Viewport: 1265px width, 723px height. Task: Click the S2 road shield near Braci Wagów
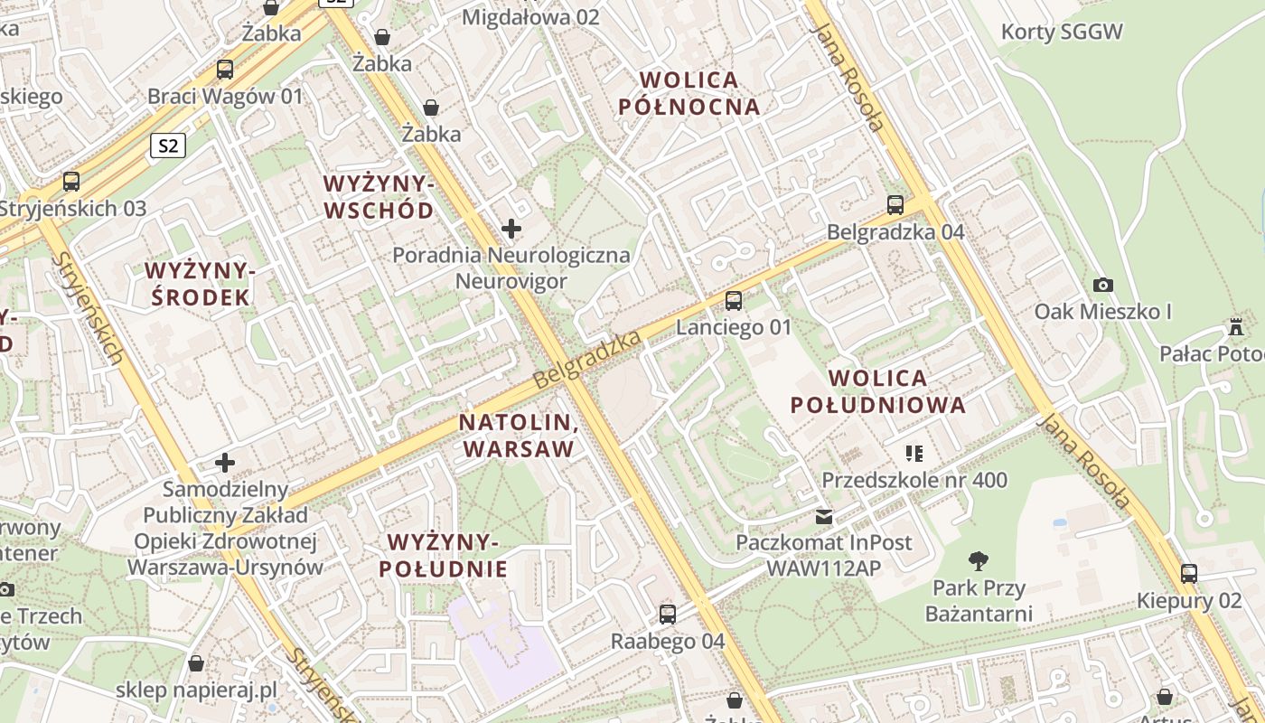pyautogui.click(x=169, y=146)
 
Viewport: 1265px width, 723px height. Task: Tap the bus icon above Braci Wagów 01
pyautogui.click(x=225, y=70)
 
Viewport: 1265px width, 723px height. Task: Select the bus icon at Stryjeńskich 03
pyautogui.click(x=71, y=182)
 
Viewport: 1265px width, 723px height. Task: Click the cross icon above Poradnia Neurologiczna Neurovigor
pyautogui.click(x=511, y=229)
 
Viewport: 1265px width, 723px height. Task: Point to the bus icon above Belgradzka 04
pyautogui.click(x=895, y=205)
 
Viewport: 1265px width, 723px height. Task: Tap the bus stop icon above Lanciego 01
pyautogui.click(x=734, y=301)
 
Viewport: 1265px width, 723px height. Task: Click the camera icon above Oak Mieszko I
pyautogui.click(x=1102, y=286)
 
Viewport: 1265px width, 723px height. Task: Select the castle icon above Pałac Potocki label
pyautogui.click(x=1236, y=326)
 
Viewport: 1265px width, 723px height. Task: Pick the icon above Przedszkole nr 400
pyautogui.click(x=914, y=453)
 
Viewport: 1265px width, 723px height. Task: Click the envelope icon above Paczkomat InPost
pyautogui.click(x=824, y=517)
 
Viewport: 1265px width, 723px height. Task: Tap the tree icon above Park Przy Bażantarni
pyautogui.click(x=979, y=561)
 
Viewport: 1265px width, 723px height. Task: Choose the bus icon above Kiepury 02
pyautogui.click(x=1189, y=574)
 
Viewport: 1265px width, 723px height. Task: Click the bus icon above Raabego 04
pyautogui.click(x=668, y=615)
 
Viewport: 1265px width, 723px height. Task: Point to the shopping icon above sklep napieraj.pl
pyautogui.click(x=196, y=664)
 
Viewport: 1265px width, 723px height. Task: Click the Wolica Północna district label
pyautogui.click(x=689, y=93)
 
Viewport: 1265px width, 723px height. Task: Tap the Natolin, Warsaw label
pyautogui.click(x=518, y=436)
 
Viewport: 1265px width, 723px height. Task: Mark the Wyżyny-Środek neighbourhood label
pyautogui.click(x=197, y=284)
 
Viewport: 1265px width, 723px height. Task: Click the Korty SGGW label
pyautogui.click(x=1062, y=33)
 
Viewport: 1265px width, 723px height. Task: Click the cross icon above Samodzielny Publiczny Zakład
pyautogui.click(x=225, y=464)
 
